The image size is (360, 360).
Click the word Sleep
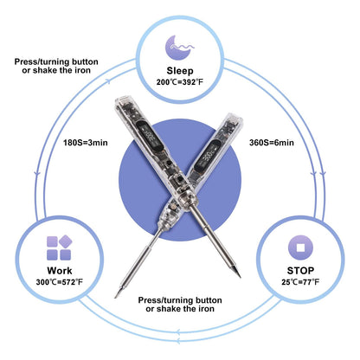click(180, 71)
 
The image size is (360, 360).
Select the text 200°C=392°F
click(180, 82)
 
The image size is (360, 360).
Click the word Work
click(60, 271)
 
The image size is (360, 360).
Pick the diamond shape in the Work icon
click(66, 241)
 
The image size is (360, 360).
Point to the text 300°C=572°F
click(60, 282)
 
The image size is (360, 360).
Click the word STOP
click(300, 271)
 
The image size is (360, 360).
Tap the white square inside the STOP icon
click(300, 247)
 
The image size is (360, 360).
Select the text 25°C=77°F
click(300, 282)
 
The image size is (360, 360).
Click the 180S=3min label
click(86, 143)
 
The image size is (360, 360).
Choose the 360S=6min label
click(272, 143)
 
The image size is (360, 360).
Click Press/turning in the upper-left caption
click(42, 61)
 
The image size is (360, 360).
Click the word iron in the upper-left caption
click(83, 70)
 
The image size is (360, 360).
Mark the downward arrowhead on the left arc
click(37, 174)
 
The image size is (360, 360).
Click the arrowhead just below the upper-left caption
click(108, 80)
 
